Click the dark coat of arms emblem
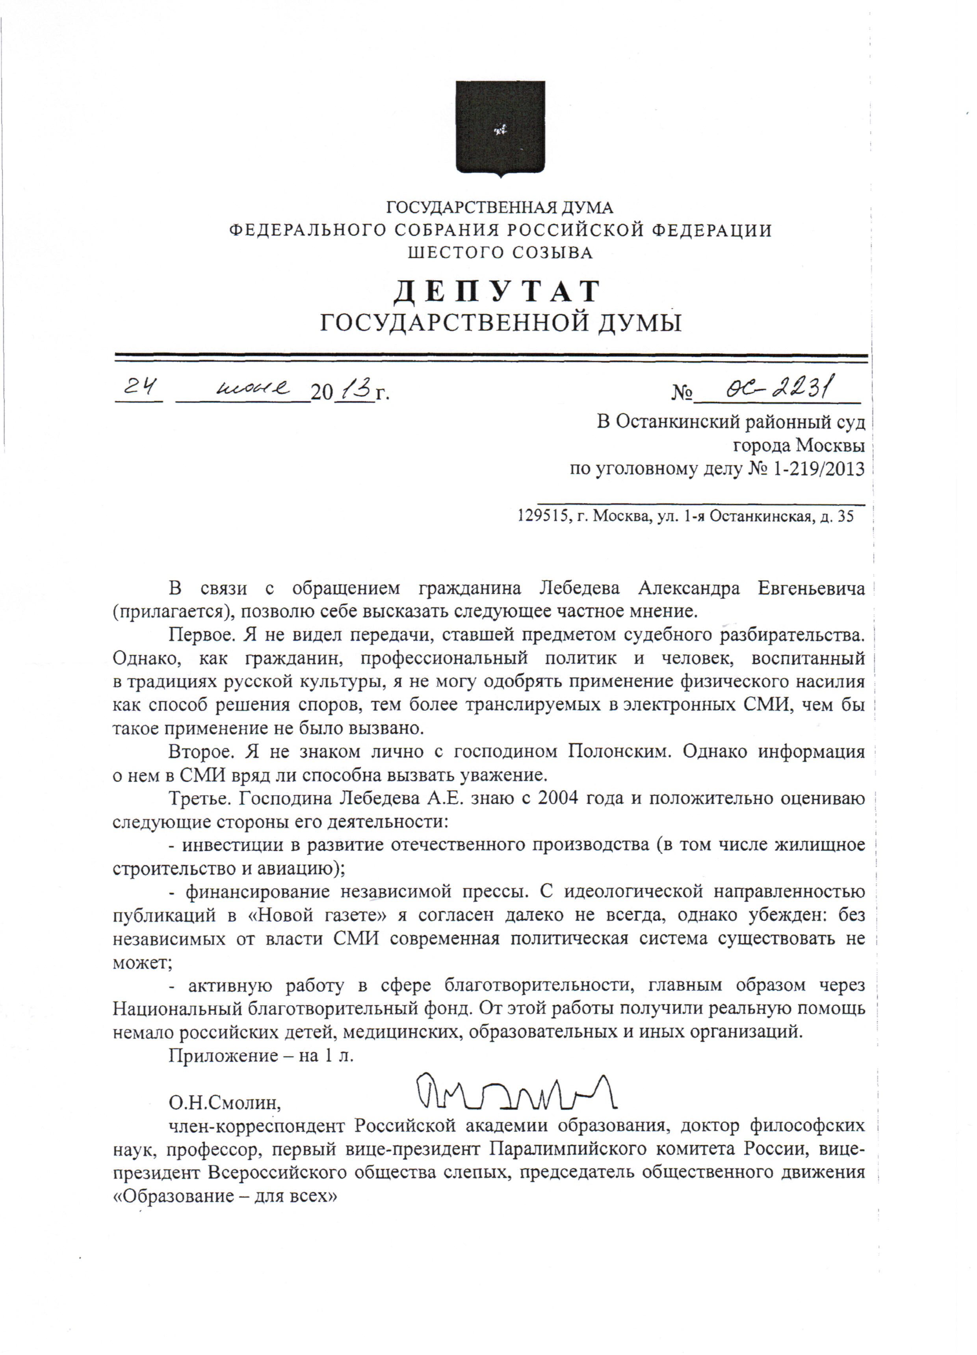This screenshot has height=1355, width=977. (x=500, y=129)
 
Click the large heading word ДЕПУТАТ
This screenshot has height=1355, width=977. (x=497, y=292)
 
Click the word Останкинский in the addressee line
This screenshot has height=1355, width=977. (x=680, y=422)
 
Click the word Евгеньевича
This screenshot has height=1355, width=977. (x=811, y=589)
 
